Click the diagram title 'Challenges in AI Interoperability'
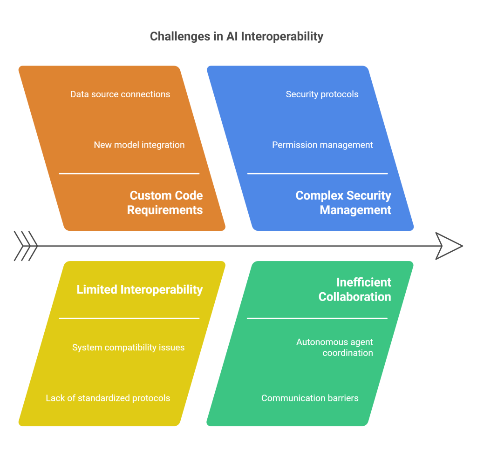pyautogui.click(x=237, y=36)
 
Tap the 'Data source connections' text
pyautogui.click(x=120, y=94)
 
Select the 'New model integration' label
pyautogui.click(x=139, y=145)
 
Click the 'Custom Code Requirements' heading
pyautogui.click(x=165, y=202)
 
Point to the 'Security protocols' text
pyautogui.click(x=322, y=94)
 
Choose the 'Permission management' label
pyautogui.click(x=322, y=145)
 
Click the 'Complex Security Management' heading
pyautogui.click(x=344, y=202)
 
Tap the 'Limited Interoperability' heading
pyautogui.click(x=140, y=289)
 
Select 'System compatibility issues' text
pyautogui.click(x=128, y=347)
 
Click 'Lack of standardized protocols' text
pyautogui.click(x=108, y=398)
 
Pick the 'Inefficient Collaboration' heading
pyautogui.click(x=355, y=289)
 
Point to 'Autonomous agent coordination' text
pyautogui.click(x=334, y=347)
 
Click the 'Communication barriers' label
pyautogui.click(x=310, y=398)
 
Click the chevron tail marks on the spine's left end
pyautogui.click(x=26, y=246)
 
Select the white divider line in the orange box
pyautogui.click(x=129, y=174)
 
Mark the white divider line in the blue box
pyautogui.click(x=317, y=174)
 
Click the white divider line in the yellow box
pyautogui.click(x=129, y=318)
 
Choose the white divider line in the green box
pyautogui.click(x=317, y=318)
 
